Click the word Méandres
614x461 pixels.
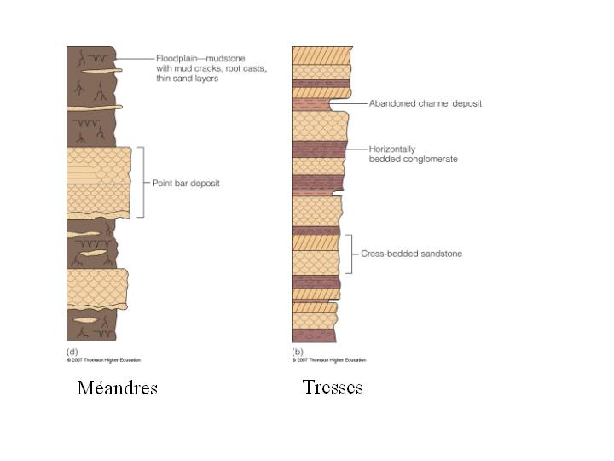(117, 388)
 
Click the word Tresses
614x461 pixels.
(333, 387)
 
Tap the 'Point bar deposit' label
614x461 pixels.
(186, 183)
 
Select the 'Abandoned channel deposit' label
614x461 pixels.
(425, 103)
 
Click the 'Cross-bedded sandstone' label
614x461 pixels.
(411, 254)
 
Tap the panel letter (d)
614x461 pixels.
(72, 352)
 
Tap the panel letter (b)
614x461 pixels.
(298, 352)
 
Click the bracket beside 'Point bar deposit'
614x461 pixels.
(143, 182)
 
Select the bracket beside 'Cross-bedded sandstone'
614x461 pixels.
(350, 254)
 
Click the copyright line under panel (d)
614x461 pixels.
(104, 359)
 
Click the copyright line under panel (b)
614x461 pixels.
(329, 359)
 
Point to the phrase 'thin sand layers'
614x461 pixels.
(188, 79)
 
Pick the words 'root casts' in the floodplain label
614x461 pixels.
(247, 68)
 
